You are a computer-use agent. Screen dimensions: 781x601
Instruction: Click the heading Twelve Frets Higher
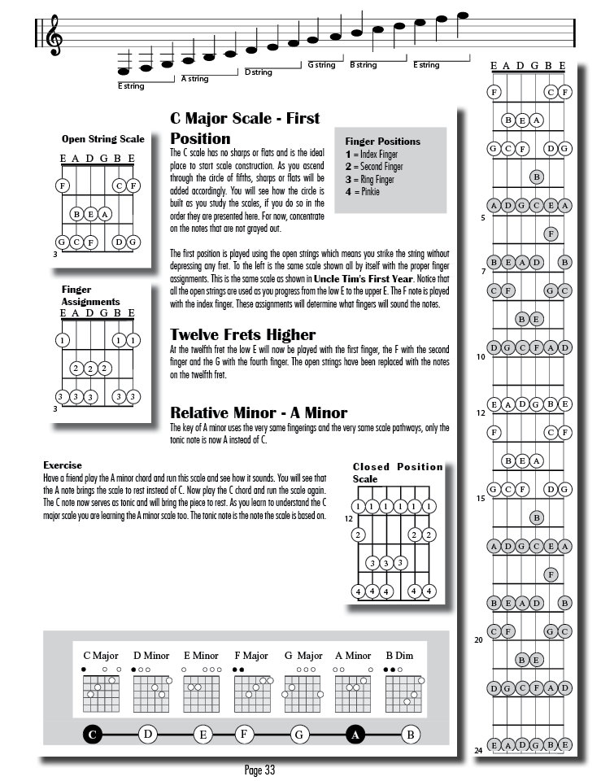[242, 334]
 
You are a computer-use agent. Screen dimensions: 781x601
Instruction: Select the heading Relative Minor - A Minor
[259, 412]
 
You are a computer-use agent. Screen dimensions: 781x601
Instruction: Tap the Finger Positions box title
[382, 141]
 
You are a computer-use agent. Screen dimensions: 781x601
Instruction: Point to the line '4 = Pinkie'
[362, 192]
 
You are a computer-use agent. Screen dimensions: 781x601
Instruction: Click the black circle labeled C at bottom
[93, 735]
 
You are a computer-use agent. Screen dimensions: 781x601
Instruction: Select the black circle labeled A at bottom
[355, 735]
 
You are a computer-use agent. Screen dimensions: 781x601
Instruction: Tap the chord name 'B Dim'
[400, 655]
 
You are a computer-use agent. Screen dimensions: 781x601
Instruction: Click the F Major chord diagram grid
[250, 693]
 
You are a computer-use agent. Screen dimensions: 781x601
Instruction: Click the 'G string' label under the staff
[321, 64]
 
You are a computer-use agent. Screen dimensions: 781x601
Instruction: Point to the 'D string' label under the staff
[259, 72]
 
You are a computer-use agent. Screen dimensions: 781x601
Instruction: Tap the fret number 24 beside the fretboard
[480, 750]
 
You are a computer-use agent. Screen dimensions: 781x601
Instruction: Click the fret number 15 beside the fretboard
[481, 498]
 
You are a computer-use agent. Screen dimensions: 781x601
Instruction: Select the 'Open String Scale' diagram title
[102, 139]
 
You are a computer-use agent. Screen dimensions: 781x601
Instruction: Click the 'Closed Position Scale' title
[397, 472]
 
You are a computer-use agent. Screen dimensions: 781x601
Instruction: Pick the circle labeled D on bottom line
[147, 735]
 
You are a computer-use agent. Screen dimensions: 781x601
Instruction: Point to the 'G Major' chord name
[303, 655]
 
